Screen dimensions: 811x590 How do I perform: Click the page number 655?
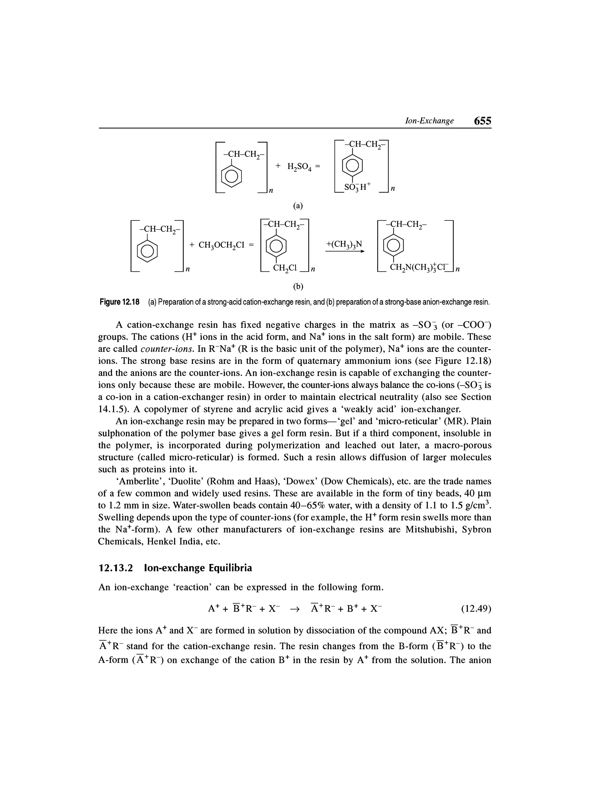click(482, 121)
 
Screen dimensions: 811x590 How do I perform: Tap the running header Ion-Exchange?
click(429, 121)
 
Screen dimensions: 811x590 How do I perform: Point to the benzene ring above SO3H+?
click(352, 166)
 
